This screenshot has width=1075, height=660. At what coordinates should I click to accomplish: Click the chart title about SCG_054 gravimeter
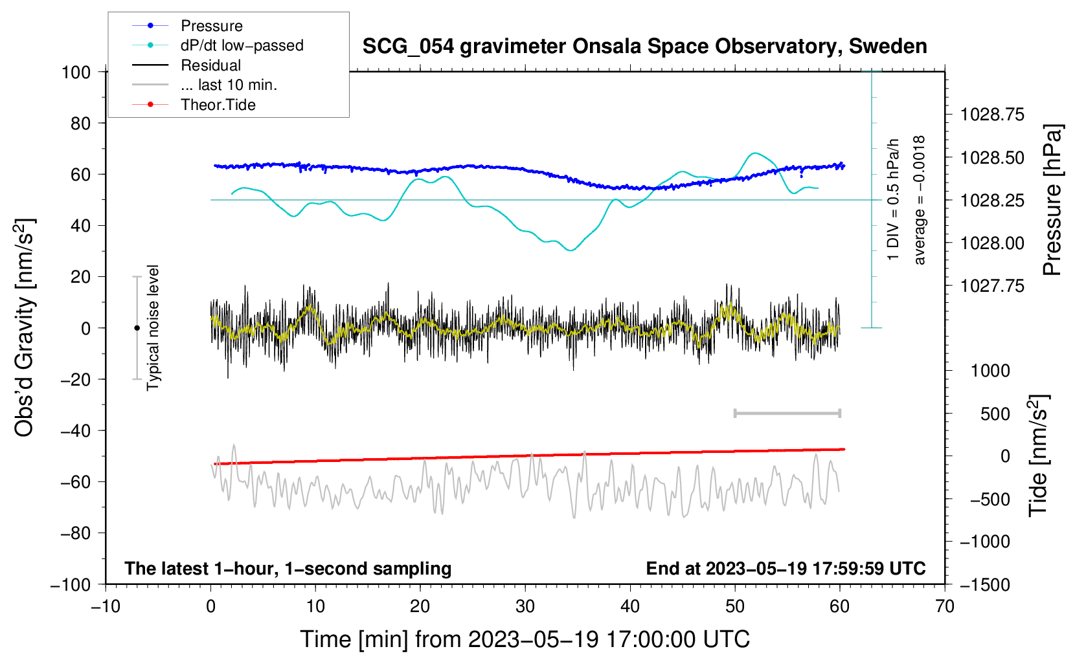tap(644, 47)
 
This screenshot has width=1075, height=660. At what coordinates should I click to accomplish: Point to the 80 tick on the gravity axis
tap(80, 123)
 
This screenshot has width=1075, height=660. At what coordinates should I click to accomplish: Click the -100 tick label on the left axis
tap(71, 584)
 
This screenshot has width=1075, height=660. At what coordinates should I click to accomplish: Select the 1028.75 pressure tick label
tap(992, 115)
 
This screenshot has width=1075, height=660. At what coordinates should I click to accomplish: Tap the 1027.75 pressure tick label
tap(992, 286)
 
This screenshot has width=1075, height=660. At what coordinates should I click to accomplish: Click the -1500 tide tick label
tap(985, 584)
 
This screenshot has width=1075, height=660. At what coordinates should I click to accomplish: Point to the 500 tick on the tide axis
tap(995, 413)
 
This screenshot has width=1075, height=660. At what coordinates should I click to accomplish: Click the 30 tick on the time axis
tap(525, 606)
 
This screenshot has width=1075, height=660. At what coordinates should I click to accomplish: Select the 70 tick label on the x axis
tap(945, 606)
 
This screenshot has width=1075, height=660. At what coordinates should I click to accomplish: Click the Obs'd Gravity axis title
tap(25, 327)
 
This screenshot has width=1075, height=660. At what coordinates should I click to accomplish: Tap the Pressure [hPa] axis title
tap(1052, 200)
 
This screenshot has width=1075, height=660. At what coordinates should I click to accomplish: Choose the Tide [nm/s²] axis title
tap(1039, 456)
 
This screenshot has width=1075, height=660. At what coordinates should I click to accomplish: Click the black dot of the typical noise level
tap(137, 328)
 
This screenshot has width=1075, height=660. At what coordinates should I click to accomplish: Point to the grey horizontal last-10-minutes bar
tap(787, 413)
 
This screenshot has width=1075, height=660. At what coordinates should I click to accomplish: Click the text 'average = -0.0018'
tap(920, 200)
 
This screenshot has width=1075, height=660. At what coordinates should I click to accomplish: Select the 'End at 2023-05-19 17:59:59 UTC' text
tap(786, 568)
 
